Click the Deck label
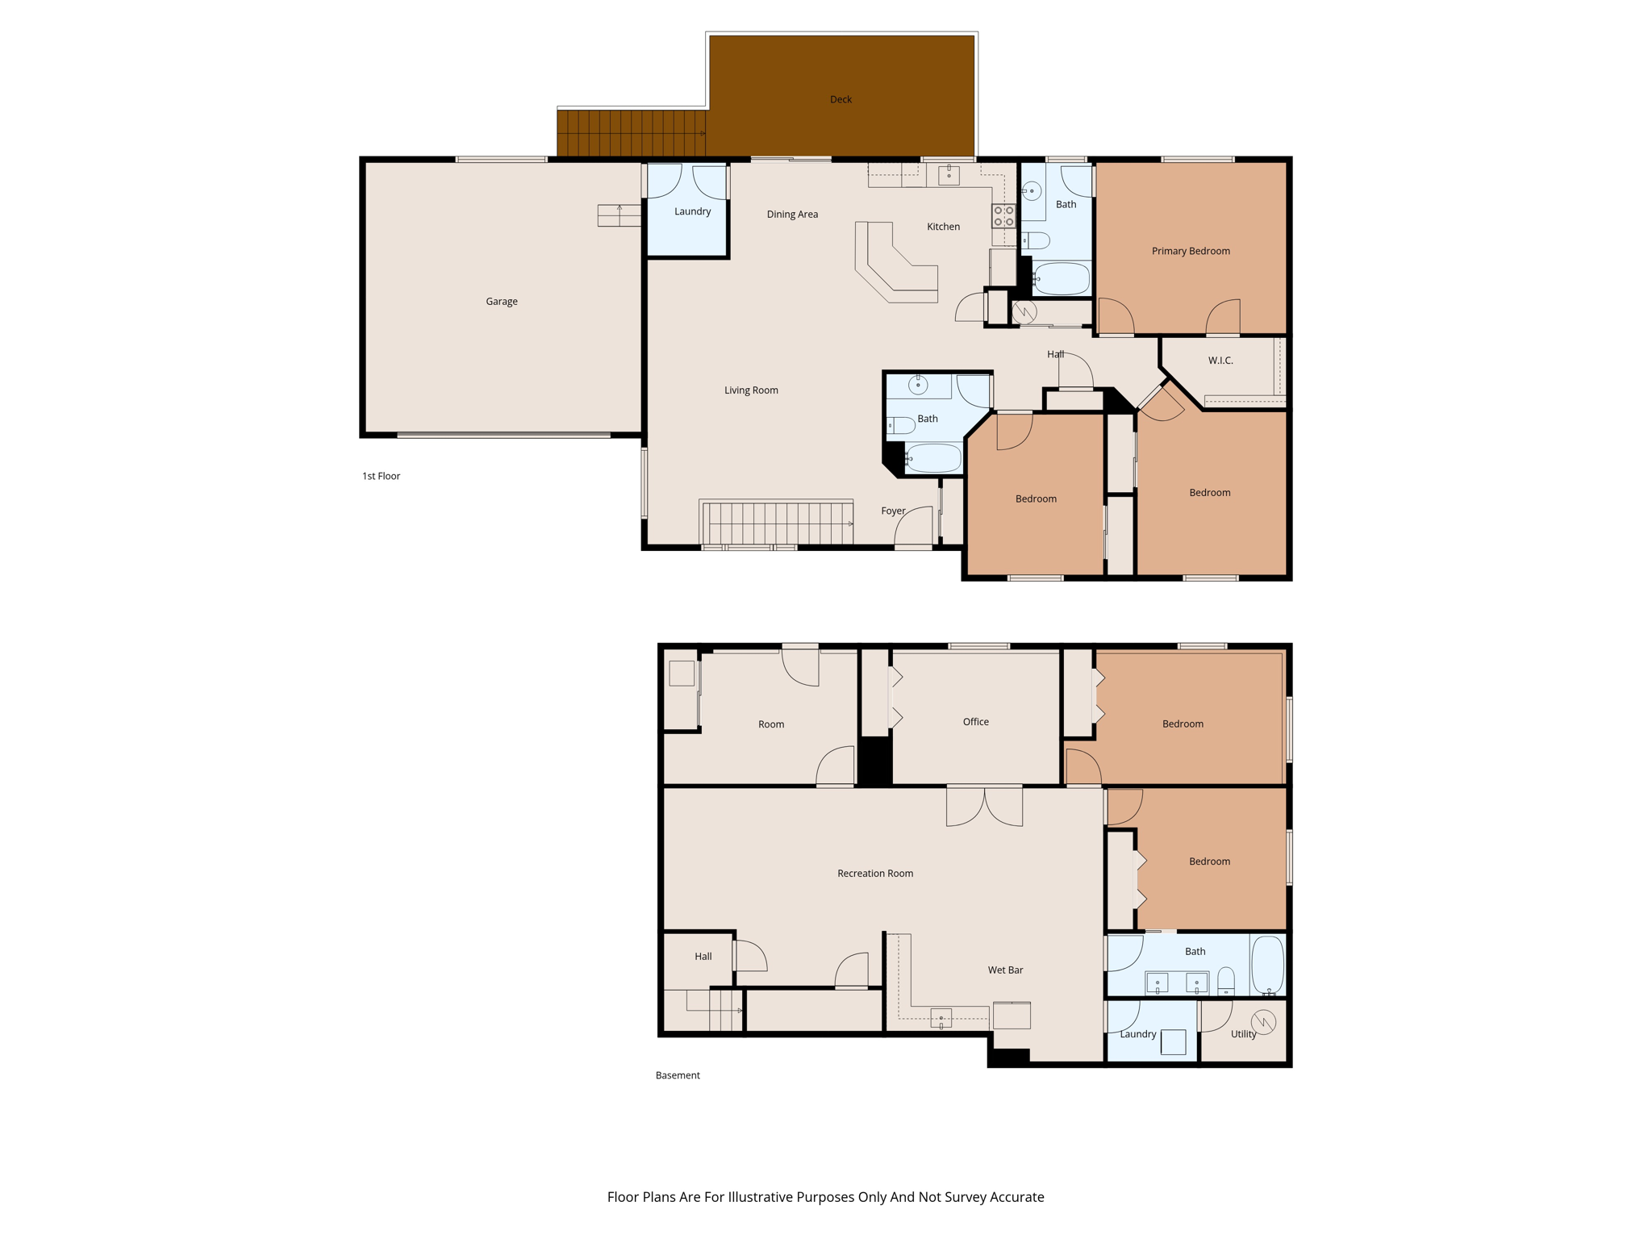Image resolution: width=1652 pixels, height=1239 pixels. pyautogui.click(x=841, y=99)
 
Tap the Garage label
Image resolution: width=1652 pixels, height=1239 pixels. pyautogui.click(x=501, y=301)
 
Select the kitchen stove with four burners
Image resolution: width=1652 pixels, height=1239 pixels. pyautogui.click(x=1003, y=215)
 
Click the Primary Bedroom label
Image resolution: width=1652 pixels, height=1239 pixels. pyautogui.click(x=1190, y=251)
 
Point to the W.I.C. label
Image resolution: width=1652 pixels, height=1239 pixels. pyautogui.click(x=1220, y=361)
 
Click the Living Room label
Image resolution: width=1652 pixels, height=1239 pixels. pyautogui.click(x=750, y=390)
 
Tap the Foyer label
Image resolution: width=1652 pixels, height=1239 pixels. pyautogui.click(x=892, y=511)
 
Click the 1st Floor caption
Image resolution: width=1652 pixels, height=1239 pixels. pyautogui.click(x=381, y=476)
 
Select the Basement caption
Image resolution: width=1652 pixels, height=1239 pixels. pyautogui.click(x=677, y=1075)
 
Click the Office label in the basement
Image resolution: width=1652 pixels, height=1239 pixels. pyautogui.click(x=975, y=721)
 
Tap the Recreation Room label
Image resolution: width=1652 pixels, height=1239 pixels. pyautogui.click(x=874, y=873)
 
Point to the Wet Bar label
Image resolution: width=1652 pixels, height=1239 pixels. pyautogui.click(x=1004, y=970)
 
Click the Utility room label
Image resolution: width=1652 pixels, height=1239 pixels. pyautogui.click(x=1242, y=1034)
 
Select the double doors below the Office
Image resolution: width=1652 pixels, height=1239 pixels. pyautogui.click(x=984, y=806)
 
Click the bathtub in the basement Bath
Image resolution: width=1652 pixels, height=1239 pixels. pyautogui.click(x=1267, y=964)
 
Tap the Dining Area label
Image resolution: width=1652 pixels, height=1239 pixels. pyautogui.click(x=791, y=214)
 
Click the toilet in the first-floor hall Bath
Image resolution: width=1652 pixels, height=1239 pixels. pyautogui.click(x=902, y=425)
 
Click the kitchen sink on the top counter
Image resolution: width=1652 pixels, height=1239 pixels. pyautogui.click(x=949, y=174)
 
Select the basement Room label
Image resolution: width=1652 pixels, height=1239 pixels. pyautogui.click(x=770, y=724)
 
